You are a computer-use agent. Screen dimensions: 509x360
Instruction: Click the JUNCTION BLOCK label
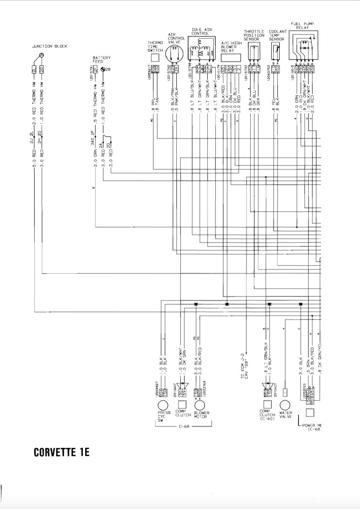[x=49, y=46]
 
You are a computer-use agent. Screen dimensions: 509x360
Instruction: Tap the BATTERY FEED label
[x=102, y=59]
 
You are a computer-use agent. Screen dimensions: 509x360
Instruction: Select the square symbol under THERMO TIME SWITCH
[x=155, y=58]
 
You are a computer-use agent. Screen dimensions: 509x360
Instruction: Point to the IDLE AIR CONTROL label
[x=201, y=32]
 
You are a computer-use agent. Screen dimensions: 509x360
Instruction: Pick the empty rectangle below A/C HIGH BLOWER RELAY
[x=231, y=58]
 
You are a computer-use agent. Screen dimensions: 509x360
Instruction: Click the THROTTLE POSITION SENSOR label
[x=254, y=35]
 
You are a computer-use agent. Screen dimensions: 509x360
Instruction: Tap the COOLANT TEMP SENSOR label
[x=277, y=35]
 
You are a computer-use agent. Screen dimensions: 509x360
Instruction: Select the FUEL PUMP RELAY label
[x=302, y=26]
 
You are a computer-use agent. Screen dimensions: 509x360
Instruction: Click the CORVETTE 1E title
[x=61, y=452]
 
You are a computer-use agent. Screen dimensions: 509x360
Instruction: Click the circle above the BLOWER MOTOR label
[x=200, y=405]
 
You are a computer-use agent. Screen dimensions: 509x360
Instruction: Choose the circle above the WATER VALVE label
[x=285, y=405]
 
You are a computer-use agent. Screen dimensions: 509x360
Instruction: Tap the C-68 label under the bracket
[x=184, y=426]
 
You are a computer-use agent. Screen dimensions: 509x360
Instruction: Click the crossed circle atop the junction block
[x=42, y=55]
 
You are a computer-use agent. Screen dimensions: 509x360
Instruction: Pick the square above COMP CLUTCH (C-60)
[x=267, y=405]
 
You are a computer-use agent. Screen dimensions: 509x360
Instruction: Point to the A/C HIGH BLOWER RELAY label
[x=231, y=46]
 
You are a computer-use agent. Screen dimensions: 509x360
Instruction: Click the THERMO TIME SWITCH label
[x=155, y=46]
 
